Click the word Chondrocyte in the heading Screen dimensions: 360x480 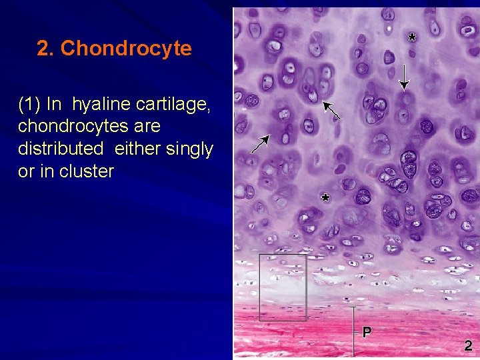click(126, 49)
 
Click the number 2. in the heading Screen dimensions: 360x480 click(46, 49)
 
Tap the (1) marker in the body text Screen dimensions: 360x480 click(30, 104)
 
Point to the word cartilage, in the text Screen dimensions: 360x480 click(175, 104)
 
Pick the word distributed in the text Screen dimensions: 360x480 click(61, 149)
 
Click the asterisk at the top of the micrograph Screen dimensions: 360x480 click(412, 37)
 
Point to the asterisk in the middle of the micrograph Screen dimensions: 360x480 click(325, 197)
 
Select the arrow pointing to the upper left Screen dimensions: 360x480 click(331, 110)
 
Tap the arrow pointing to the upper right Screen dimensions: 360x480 click(260, 144)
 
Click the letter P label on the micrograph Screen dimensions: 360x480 click(367, 331)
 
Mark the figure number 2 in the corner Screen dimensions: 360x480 click(468, 345)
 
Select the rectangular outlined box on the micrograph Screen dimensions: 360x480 click(283, 287)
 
